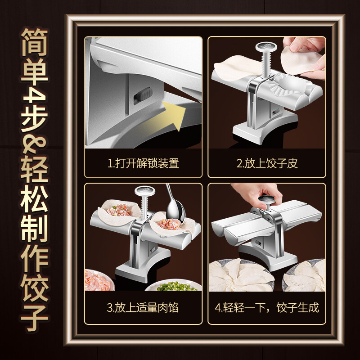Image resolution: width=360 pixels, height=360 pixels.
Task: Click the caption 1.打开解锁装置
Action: [144, 163]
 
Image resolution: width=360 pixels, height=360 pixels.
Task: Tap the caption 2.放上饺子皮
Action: [267, 163]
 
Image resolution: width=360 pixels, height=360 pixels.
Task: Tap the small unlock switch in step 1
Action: [144, 95]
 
